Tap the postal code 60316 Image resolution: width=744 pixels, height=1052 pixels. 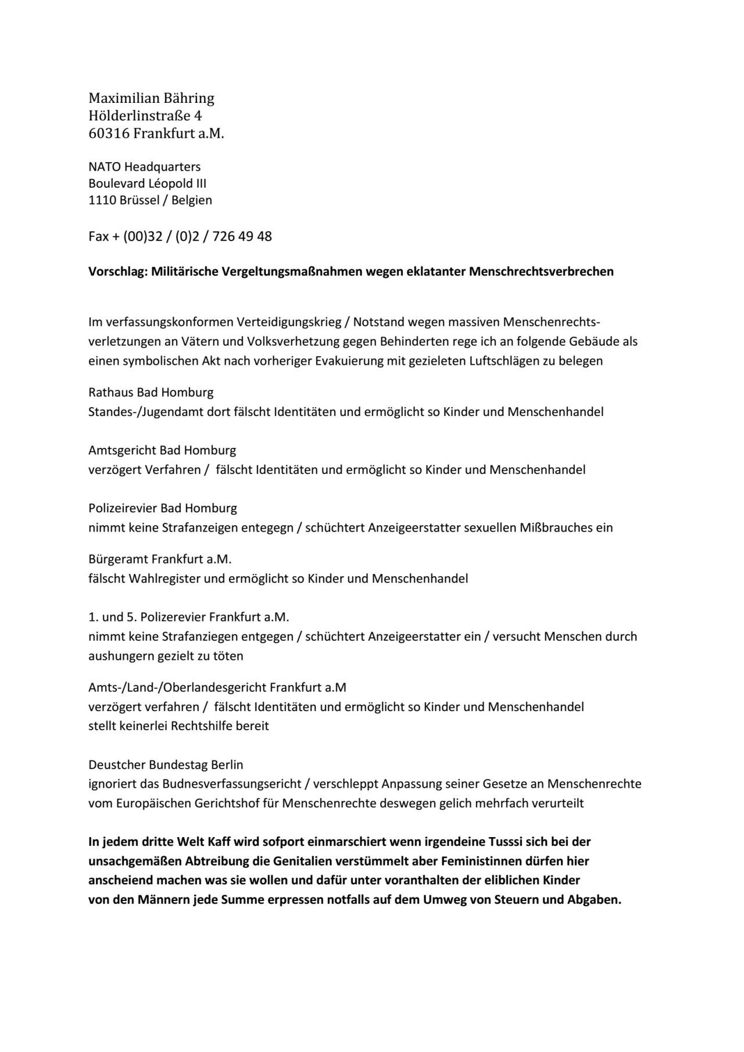tap(109, 134)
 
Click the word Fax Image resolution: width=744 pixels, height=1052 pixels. tap(98, 236)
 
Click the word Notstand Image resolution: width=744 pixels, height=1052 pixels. tap(378, 322)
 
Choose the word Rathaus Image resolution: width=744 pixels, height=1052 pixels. tap(111, 392)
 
